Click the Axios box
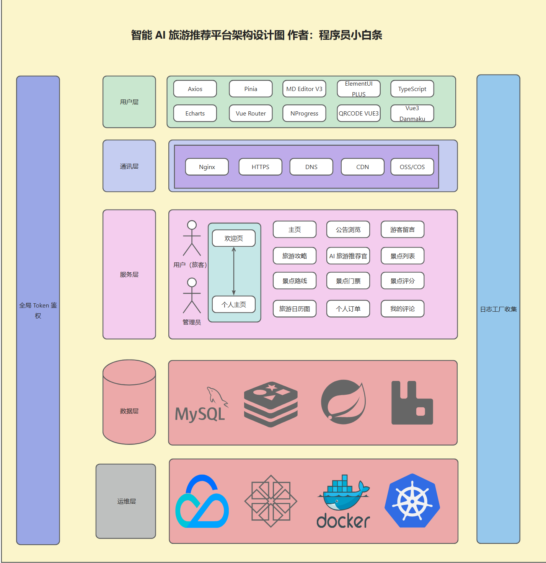pos(195,89)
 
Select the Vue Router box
pos(251,114)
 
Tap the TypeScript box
pos(412,89)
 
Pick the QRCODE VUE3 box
pos(359,114)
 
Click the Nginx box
pos(207,167)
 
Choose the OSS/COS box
pos(412,167)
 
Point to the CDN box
pos(363,167)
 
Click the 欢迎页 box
pos(234,238)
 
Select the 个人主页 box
pos(234,304)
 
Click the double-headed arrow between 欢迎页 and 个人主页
pos(234,272)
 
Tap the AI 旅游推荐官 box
pos(348,256)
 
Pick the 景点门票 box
pos(348,281)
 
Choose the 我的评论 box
pos(403,309)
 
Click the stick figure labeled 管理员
pos(192,295)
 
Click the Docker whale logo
pos(343,501)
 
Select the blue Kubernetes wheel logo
pos(412,501)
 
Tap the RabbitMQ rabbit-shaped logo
pos(412,403)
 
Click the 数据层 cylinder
pos(129,402)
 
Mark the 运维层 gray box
pos(126,501)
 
